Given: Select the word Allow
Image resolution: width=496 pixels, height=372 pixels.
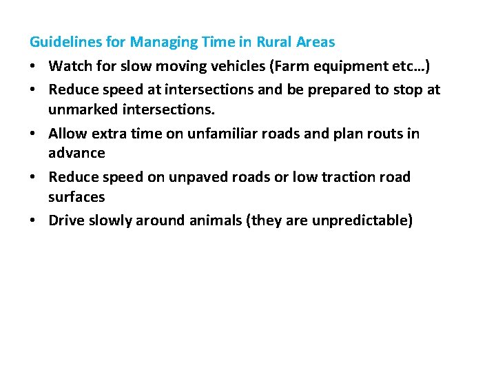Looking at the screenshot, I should coord(66,133).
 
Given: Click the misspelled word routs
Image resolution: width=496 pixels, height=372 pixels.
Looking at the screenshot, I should coord(382,133).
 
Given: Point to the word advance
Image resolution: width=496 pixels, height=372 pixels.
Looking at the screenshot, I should coord(76,152).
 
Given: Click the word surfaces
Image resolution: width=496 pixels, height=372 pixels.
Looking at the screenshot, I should coord(76,196).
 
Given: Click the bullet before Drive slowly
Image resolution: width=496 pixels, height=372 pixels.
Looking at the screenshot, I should coord(33,220).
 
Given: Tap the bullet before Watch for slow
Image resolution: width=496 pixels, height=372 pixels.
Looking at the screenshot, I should coord(33,65).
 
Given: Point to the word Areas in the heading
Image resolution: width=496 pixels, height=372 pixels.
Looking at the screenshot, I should coord(316,43).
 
